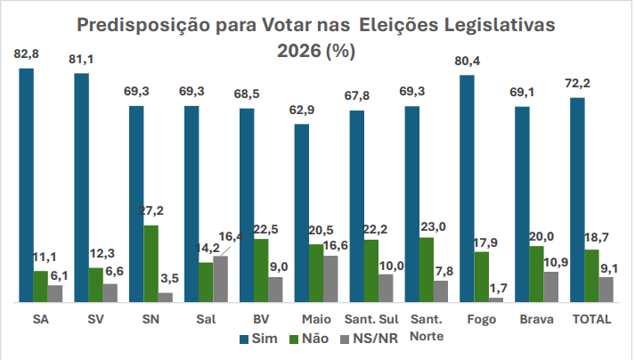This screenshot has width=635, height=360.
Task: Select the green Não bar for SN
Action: point(151,264)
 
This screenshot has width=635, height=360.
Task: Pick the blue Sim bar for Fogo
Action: point(467,189)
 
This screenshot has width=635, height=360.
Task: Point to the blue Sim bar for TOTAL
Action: point(577,200)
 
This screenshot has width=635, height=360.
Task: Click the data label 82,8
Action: point(27,55)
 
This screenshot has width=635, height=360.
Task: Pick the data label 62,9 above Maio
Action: point(302,111)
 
